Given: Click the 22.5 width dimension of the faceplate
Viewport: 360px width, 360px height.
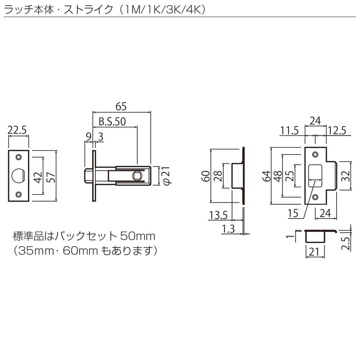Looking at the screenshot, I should coord(18,131).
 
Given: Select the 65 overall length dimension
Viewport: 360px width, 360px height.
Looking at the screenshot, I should coord(121,107).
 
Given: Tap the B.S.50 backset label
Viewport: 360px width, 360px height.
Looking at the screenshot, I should coord(112,121).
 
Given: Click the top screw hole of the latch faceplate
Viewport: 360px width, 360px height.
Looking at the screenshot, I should coord(19,156).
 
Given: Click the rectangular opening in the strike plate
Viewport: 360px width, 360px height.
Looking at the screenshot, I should coord(315,175).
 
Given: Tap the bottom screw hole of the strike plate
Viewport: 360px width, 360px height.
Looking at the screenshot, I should coord(315,197).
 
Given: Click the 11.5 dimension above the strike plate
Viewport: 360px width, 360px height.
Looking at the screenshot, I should coord(289,131).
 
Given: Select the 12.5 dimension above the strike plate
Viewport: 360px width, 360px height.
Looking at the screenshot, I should coord(337,131).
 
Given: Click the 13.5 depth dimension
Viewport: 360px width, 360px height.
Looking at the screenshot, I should coord(217,215).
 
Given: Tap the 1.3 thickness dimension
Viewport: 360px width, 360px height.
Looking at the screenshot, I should coord(229,229).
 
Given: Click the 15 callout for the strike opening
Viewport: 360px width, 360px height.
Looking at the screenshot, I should coord(293,215).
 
